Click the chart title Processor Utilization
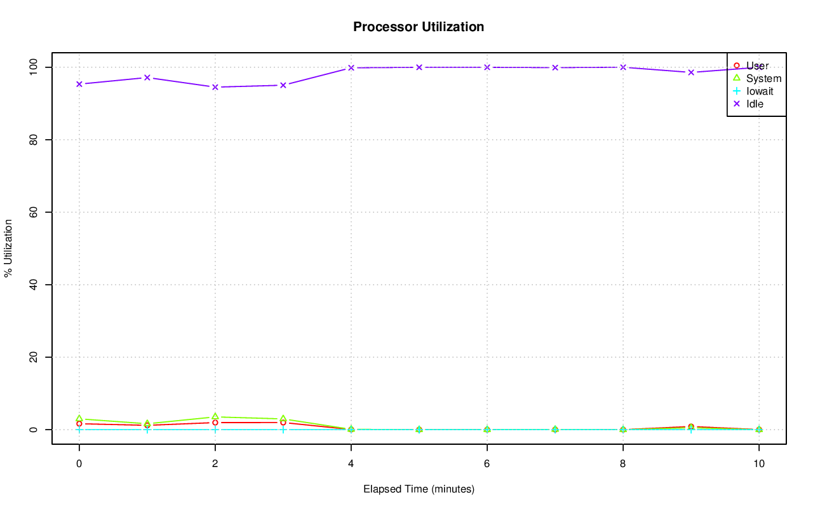419,27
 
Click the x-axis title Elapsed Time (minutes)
419,489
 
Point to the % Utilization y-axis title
8,248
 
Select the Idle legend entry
755,104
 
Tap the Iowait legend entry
760,91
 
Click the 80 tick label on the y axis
34,139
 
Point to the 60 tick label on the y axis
34,212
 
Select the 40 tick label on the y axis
34,284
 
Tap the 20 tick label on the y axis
34,357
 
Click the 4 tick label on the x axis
351,463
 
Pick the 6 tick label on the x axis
487,463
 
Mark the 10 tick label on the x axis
758,463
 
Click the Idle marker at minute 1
147,78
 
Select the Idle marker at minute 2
215,87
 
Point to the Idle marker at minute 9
690,72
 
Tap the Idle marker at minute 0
79,84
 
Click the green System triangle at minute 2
215,417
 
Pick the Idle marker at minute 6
487,67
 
